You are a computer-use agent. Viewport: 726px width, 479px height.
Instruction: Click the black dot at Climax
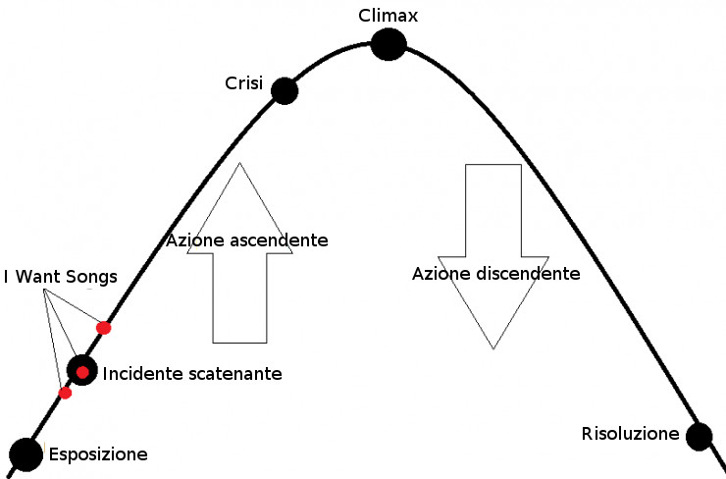(x=389, y=44)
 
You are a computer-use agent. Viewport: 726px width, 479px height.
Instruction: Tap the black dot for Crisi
(x=284, y=91)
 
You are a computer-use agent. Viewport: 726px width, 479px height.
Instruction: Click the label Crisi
(x=243, y=83)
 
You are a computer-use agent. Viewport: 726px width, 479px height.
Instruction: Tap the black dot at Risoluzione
(x=699, y=436)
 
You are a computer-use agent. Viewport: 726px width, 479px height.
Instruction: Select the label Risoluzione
(x=630, y=434)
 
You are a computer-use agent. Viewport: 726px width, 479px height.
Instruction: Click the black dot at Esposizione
(x=26, y=453)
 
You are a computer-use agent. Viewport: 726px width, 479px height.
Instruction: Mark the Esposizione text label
(x=98, y=454)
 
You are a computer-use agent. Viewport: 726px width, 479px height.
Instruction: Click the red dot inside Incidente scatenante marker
(x=82, y=371)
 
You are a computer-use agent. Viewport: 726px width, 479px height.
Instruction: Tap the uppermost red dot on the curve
(x=103, y=328)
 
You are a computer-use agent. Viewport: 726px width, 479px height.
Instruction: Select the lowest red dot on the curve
(x=66, y=393)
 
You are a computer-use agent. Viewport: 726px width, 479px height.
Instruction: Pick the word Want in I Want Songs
(x=37, y=278)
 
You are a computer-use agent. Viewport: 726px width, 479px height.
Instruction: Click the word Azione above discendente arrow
(x=436, y=274)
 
